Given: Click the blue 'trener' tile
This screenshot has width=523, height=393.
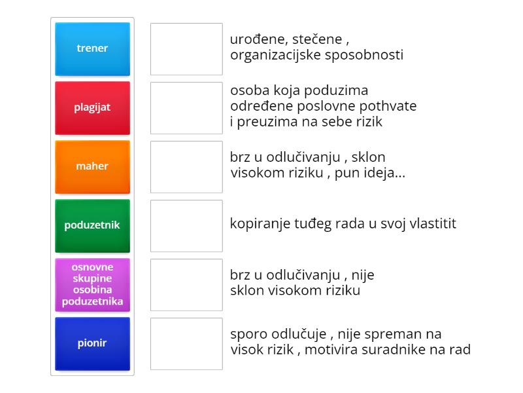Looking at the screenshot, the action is pos(92,49).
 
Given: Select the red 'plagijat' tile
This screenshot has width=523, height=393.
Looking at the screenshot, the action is pos(92,108).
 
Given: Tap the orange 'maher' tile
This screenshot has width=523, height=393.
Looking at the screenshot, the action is pos(92,167).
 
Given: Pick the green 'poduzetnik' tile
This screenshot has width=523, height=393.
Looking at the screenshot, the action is pos(92,226).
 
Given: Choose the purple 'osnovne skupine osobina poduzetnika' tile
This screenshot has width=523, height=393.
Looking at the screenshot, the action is pos(92,285).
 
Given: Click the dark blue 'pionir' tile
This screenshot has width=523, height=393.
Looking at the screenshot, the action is pos(92,344).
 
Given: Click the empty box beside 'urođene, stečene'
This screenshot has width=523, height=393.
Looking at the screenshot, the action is pos(186,49).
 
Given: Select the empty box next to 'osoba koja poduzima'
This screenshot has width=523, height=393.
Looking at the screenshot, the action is pos(186,108).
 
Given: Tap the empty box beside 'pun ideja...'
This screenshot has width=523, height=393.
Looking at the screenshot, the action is pos(186,167).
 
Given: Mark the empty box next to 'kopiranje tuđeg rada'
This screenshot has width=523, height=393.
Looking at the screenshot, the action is pos(186,226).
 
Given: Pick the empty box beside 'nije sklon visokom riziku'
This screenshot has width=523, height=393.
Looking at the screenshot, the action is pos(186,285).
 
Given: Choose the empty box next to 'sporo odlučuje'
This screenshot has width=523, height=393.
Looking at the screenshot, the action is pos(186,344).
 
